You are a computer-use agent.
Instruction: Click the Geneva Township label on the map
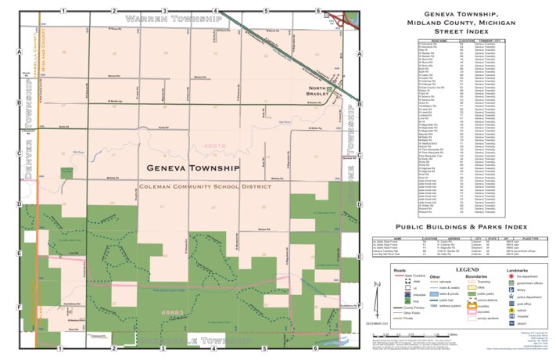click(192, 168)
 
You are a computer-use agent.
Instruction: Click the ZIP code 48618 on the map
click(213, 146)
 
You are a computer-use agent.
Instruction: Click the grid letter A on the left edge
click(17, 53)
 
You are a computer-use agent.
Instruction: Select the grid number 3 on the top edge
click(163, 11)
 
